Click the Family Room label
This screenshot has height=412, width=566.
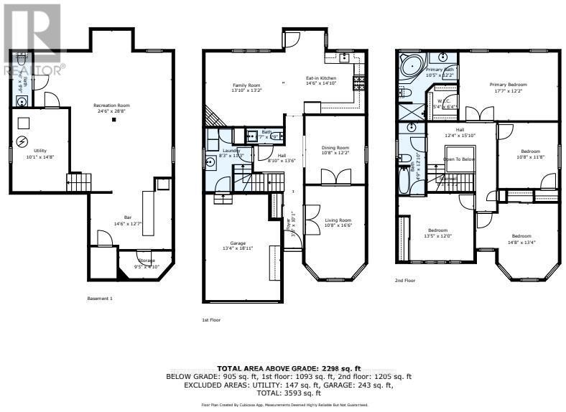point(245,85)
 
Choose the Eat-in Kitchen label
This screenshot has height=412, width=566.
point(321,79)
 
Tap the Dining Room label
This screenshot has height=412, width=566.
point(335,149)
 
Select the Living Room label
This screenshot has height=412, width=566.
point(335,220)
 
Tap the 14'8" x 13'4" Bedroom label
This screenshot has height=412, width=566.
point(521,237)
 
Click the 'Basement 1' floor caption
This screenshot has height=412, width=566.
point(100,298)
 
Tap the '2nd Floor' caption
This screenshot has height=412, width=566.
point(406,281)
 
